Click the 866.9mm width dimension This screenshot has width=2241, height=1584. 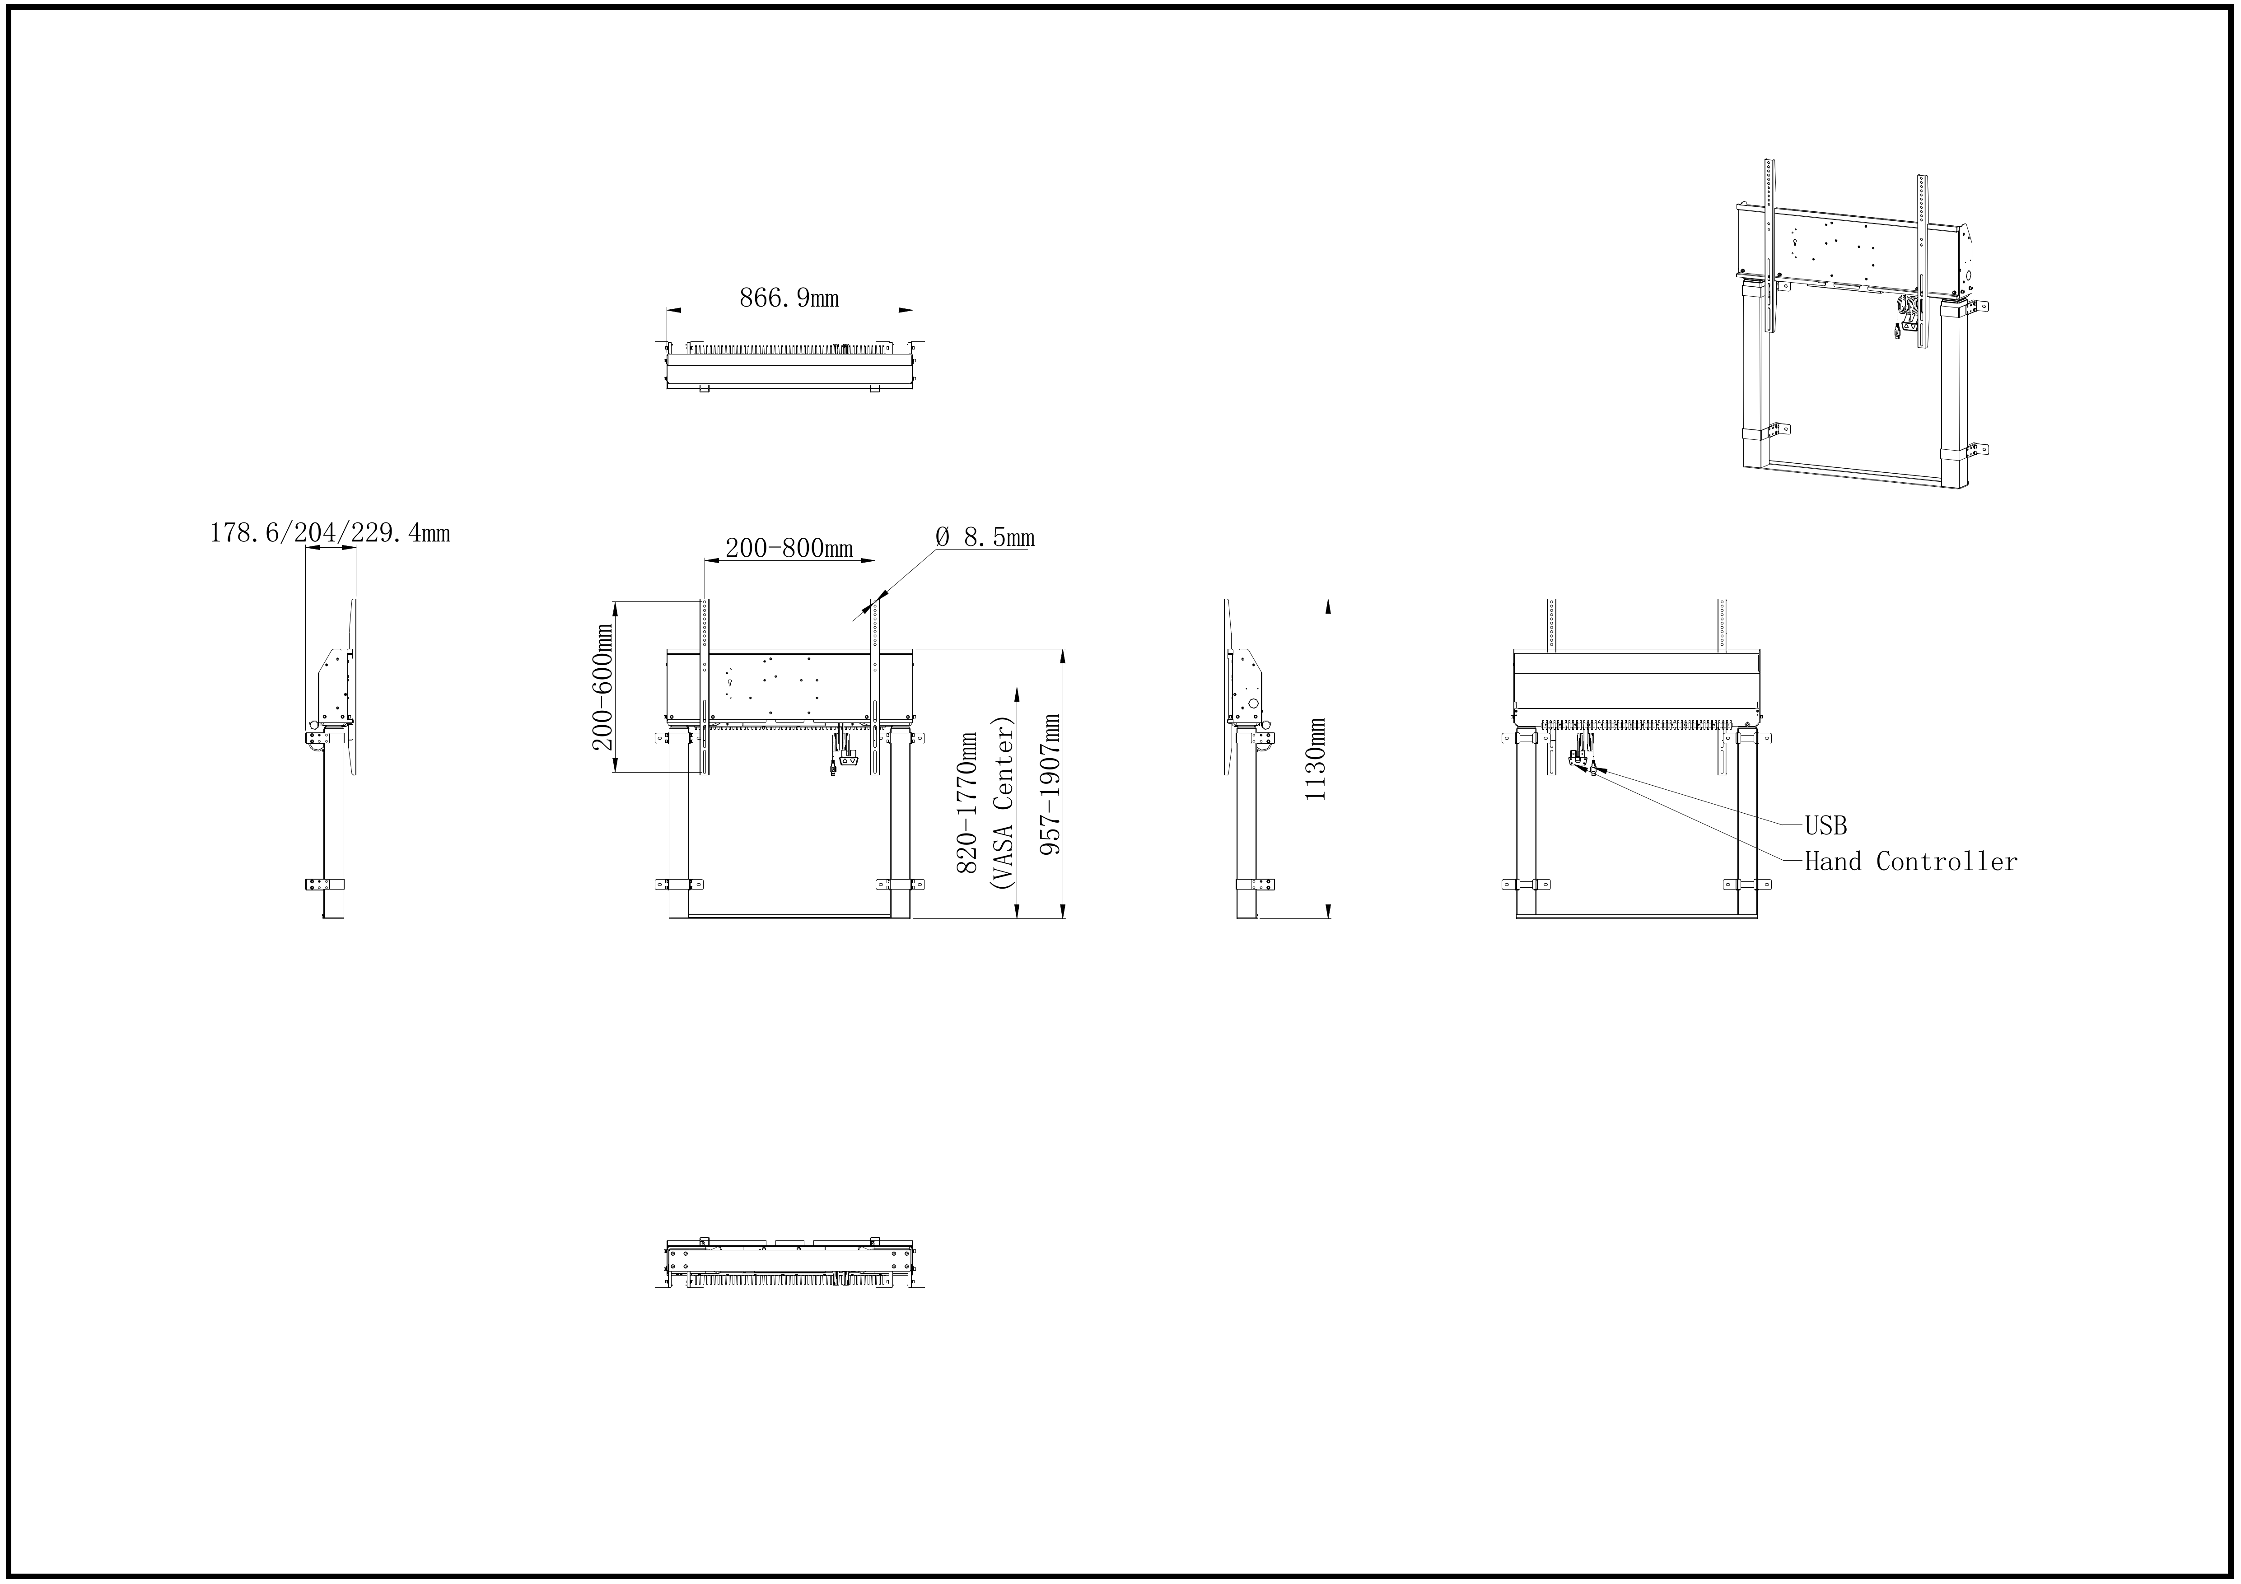pos(789,298)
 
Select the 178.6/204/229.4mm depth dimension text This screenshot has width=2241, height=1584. pos(330,533)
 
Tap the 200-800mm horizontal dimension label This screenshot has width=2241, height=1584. pos(789,549)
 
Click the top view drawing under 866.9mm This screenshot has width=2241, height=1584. pos(789,366)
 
